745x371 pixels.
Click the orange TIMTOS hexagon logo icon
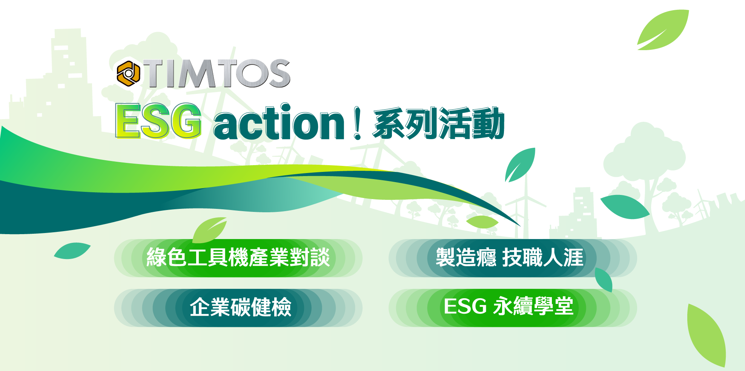point(128,74)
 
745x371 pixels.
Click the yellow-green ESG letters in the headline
point(158,121)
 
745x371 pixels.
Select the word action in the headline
point(279,122)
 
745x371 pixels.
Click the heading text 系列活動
point(439,123)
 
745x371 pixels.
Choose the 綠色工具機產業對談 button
point(238,258)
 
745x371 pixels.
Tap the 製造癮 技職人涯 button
point(513,258)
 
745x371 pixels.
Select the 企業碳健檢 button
point(238,308)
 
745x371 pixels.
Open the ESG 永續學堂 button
point(513,308)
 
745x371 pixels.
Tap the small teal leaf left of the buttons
point(72,251)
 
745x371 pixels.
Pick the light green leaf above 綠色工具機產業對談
point(210,230)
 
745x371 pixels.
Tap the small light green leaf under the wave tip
point(482,222)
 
